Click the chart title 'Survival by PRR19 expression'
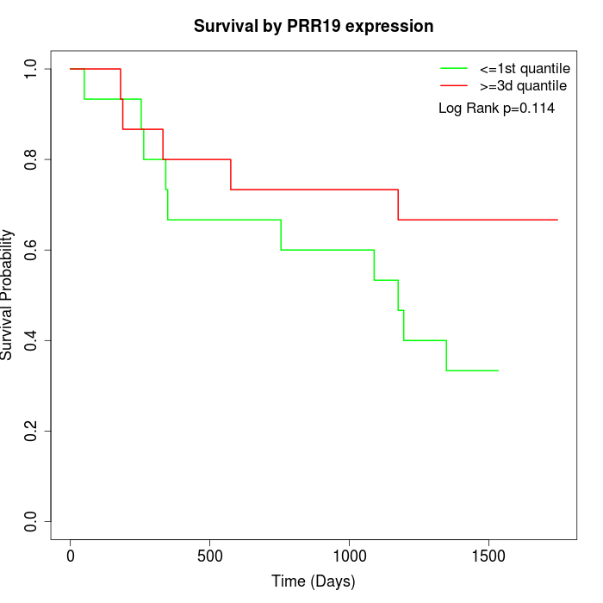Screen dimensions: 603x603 [x=314, y=26]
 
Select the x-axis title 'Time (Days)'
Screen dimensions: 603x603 [x=314, y=581]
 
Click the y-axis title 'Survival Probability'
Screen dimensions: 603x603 [x=9, y=295]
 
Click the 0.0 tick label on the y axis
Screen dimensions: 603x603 [x=32, y=521]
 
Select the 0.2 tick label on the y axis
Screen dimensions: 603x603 [x=32, y=431]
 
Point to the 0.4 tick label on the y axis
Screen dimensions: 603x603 [x=32, y=340]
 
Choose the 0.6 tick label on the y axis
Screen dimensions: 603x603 [x=32, y=250]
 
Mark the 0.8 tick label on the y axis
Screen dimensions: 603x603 [x=32, y=159]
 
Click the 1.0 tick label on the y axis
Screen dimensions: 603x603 [x=32, y=69]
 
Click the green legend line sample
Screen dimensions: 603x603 [x=454, y=68]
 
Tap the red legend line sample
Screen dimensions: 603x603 [x=454, y=85]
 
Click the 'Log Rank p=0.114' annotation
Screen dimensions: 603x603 [x=496, y=108]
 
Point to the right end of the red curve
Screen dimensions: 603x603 [x=557, y=220]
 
